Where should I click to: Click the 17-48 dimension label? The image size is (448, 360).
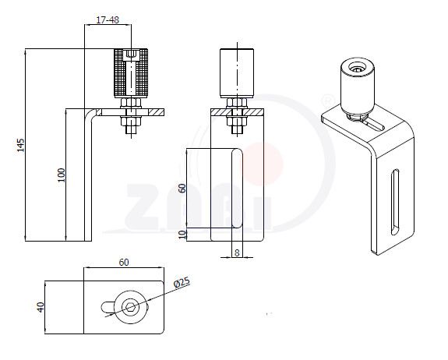[108, 20]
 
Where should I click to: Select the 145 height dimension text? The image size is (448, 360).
[20, 145]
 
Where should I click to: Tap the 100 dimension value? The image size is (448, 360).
[62, 175]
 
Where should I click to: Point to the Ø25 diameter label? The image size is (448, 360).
[182, 282]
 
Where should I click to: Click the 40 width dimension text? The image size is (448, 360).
[41, 307]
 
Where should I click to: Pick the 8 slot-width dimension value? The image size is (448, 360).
[237, 252]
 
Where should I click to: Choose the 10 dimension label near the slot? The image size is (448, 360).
[182, 235]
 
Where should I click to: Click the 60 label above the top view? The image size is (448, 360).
[124, 263]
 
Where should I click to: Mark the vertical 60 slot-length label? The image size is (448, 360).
[182, 189]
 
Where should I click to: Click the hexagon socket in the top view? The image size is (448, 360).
[131, 308]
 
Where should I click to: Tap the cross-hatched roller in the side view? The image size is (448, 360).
[131, 73]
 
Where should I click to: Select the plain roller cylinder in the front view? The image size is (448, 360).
[237, 73]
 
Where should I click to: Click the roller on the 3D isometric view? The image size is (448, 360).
[357, 86]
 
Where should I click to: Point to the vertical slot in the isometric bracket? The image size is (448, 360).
[396, 202]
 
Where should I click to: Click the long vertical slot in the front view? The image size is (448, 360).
[237, 188]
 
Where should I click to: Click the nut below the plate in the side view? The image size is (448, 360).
[131, 122]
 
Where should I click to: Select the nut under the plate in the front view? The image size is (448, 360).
[237, 122]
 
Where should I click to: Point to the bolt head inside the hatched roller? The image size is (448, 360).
[131, 55]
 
